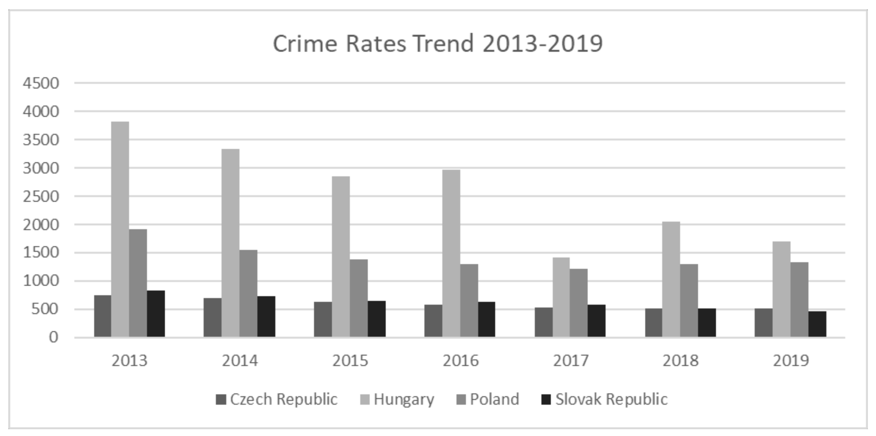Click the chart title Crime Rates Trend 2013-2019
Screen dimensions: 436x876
(x=438, y=44)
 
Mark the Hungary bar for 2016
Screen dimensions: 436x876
(x=451, y=253)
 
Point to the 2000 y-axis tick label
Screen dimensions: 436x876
(x=41, y=225)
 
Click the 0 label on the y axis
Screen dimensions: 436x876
(x=53, y=337)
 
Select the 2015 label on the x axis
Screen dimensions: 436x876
(x=350, y=361)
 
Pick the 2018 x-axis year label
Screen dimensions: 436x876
(x=681, y=361)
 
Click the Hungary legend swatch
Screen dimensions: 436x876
(x=365, y=400)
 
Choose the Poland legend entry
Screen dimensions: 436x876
(x=494, y=399)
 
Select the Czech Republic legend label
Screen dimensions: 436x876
(x=284, y=399)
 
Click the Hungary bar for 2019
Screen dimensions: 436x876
(x=781, y=289)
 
